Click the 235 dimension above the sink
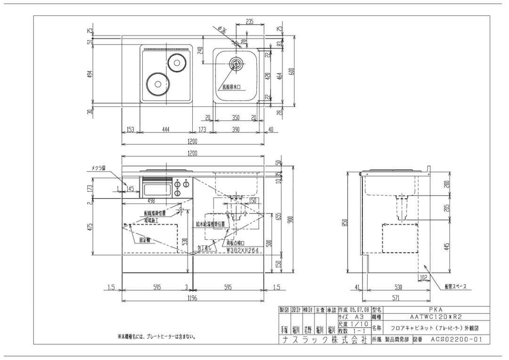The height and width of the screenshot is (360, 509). (250, 22)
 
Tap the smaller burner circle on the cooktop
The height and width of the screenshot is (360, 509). (177, 62)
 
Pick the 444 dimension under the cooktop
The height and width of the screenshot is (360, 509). (166, 129)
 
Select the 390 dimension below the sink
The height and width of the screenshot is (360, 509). (236, 129)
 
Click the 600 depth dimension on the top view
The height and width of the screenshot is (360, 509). (292, 71)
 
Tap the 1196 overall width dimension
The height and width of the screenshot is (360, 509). (192, 298)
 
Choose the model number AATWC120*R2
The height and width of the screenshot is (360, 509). (432, 318)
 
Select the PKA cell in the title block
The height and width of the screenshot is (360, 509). (432, 310)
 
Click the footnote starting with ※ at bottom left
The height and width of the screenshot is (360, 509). (157, 336)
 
